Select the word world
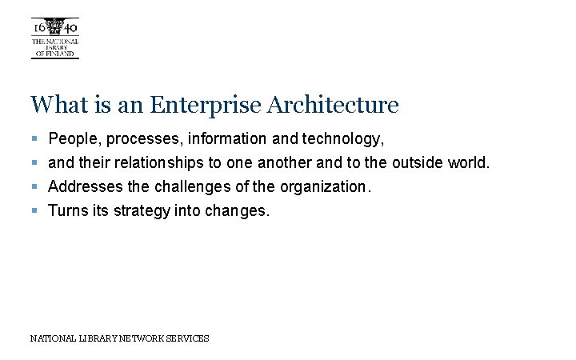tap(468, 163)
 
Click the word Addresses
tap(85, 187)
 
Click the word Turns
tap(68, 211)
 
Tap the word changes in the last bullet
tap(240, 212)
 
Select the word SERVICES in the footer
tap(187, 338)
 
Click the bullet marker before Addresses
tap(34, 187)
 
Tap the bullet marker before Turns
tap(34, 211)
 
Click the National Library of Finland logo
tap(54, 38)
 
